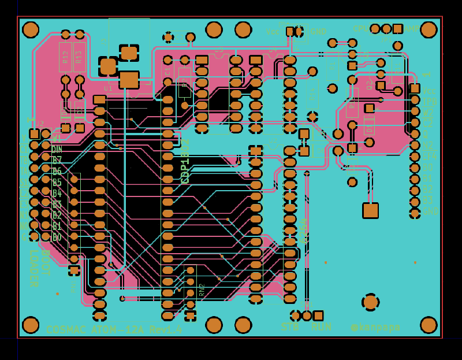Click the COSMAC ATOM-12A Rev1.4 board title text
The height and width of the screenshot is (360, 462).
114,330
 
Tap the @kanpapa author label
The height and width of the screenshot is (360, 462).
375,328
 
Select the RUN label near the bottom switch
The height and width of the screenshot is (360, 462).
321,326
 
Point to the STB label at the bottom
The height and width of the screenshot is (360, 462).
290,326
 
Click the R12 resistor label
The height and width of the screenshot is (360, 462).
65,57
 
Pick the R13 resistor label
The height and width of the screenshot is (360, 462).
79,57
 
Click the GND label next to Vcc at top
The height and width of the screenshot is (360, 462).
318,31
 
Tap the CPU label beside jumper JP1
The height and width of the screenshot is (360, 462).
360,29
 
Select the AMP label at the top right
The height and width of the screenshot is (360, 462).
411,29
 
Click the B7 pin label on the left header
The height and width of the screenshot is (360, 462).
57,160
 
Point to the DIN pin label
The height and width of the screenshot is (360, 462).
57,149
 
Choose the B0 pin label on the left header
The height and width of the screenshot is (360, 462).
57,237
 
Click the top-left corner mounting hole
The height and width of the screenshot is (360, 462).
31,29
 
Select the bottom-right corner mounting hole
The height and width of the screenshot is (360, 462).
429,325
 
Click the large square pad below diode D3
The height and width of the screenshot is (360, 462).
370,210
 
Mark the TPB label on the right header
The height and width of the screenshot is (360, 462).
429,102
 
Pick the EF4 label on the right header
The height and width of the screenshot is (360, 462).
429,157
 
